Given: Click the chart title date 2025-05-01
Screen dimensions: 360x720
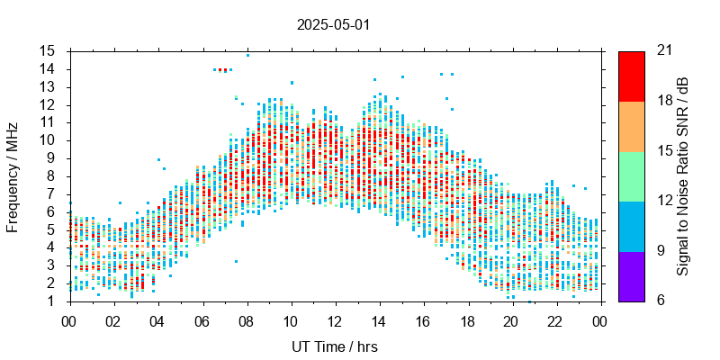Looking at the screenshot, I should coord(333,24).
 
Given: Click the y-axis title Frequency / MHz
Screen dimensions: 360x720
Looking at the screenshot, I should coord(13,175).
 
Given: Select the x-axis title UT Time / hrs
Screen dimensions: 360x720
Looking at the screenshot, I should coord(334,346).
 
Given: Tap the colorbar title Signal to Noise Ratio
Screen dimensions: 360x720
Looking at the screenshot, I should coord(683,175).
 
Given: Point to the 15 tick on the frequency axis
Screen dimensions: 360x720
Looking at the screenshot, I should coord(48,51).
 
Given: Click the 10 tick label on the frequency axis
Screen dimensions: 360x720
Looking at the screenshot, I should coord(48,140).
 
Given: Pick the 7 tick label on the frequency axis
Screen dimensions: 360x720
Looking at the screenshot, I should coord(52,193).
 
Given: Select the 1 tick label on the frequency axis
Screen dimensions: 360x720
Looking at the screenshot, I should coord(52,301).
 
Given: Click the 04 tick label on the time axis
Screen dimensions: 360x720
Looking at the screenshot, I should coord(157,321).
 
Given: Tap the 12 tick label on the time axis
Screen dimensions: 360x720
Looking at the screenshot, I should coord(334,321).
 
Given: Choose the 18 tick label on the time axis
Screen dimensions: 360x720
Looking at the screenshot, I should coord(466,321).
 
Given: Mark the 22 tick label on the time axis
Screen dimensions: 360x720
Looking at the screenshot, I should coord(554,321).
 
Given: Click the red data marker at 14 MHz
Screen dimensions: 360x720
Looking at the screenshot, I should coord(222,69).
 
